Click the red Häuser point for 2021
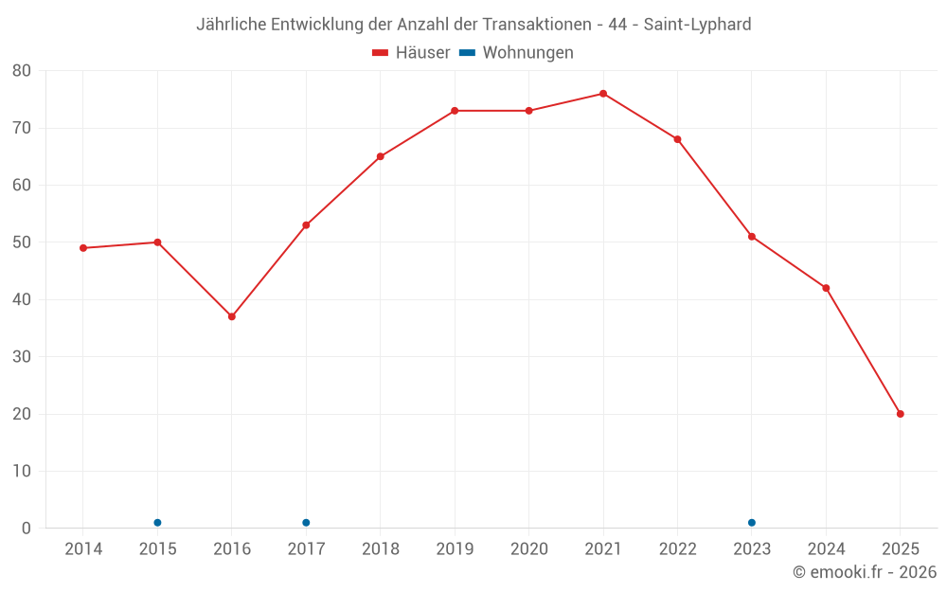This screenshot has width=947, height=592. pyautogui.click(x=603, y=94)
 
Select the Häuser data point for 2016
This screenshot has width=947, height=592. pyautogui.click(x=232, y=316)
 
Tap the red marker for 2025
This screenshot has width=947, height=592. pyautogui.click(x=900, y=414)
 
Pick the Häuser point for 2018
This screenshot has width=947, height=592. pyautogui.click(x=380, y=156)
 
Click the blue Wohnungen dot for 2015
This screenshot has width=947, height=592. pyautogui.click(x=157, y=523)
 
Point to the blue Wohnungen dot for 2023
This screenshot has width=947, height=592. pyautogui.click(x=752, y=523)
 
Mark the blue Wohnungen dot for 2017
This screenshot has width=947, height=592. pyautogui.click(x=306, y=523)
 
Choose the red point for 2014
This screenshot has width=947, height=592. pyautogui.click(x=83, y=248)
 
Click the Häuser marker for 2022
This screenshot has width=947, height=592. pyautogui.click(x=677, y=139)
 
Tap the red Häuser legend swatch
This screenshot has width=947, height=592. pyautogui.click(x=381, y=53)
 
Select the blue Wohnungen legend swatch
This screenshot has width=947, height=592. pyautogui.click(x=467, y=53)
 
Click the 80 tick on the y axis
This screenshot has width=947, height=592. pyautogui.click(x=22, y=70)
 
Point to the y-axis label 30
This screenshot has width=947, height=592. pyautogui.click(x=22, y=357)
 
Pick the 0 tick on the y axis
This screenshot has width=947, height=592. pyautogui.click(x=27, y=529)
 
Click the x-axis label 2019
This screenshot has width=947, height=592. pyautogui.click(x=455, y=549)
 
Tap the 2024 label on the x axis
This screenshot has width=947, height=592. pyautogui.click(x=826, y=549)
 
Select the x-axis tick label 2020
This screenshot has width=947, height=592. pyautogui.click(x=528, y=549)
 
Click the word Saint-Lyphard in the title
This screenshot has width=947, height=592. pyautogui.click(x=697, y=25)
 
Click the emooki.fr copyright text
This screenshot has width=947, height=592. pyautogui.click(x=865, y=572)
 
